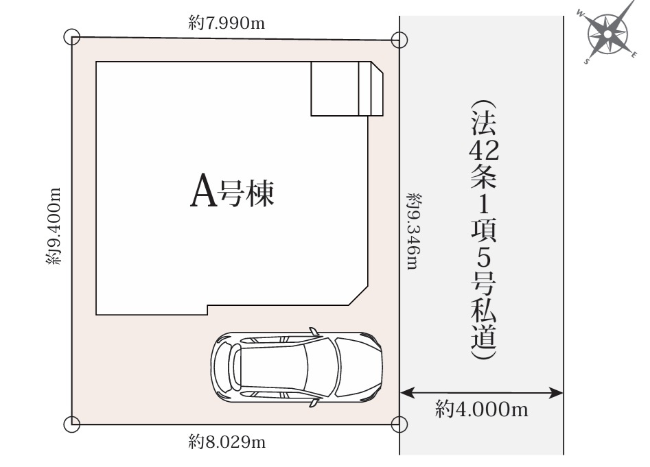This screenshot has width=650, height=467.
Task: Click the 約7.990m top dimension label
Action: (226, 24)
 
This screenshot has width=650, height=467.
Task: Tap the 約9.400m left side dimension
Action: (56, 226)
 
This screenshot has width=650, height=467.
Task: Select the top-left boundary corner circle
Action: (71, 37)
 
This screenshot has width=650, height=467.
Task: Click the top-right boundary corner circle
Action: (399, 40)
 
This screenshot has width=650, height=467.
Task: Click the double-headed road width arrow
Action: (481, 393)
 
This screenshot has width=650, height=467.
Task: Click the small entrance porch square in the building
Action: (335, 89)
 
